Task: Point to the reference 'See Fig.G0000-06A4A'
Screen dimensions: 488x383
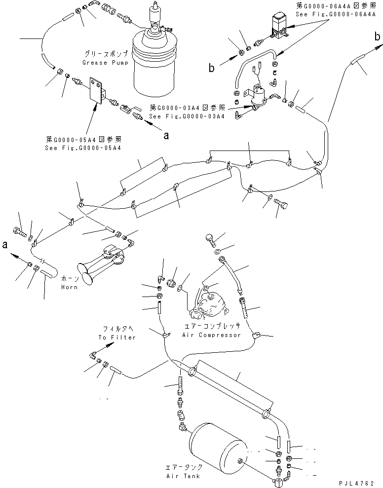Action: [330, 14]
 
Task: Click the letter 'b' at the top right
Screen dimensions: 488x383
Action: [377, 36]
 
